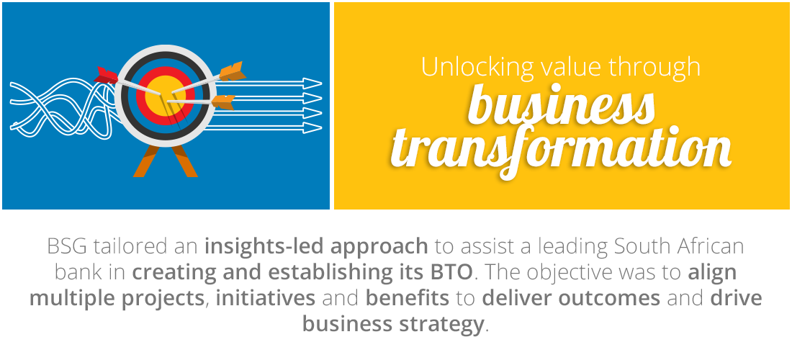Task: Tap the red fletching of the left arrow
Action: click(x=106, y=75)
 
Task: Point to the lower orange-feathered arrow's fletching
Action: click(x=223, y=102)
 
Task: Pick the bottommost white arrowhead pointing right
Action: click(x=312, y=128)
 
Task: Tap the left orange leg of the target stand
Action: click(x=146, y=161)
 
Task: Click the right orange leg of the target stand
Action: click(x=184, y=161)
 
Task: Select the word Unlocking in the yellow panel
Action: click(x=477, y=67)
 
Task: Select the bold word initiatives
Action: click(x=266, y=298)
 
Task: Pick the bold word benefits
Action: click(x=407, y=298)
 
